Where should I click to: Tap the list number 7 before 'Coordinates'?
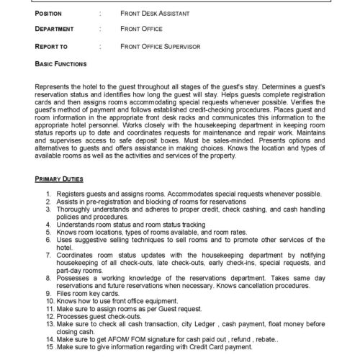[x=48, y=250]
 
